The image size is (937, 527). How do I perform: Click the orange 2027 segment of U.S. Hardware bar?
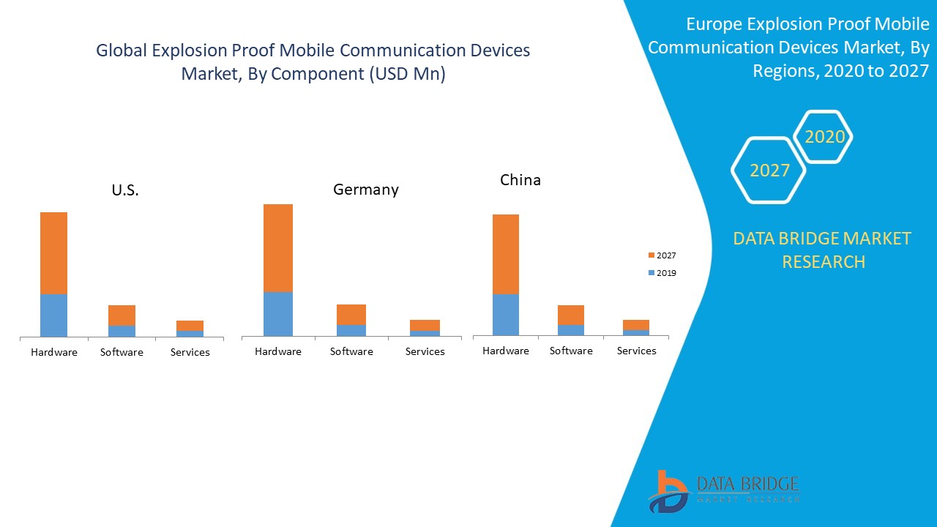tap(53, 253)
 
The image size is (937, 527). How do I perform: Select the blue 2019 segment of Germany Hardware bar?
tap(278, 314)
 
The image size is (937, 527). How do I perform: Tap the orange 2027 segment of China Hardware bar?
tap(506, 254)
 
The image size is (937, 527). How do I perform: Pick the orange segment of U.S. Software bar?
tap(122, 315)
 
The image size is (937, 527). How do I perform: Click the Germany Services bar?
tap(425, 328)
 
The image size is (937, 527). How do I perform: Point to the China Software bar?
tap(571, 320)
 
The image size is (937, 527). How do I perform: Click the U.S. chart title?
tap(125, 190)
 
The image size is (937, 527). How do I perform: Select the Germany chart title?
tap(366, 190)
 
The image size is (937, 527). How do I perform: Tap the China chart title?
tap(520, 180)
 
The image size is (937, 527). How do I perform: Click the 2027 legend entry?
tap(662, 255)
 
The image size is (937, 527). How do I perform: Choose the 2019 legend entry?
tap(662, 273)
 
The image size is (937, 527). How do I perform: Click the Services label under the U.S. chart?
tap(190, 352)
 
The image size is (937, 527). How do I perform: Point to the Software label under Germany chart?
tap(351, 351)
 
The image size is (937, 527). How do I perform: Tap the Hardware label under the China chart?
tap(506, 351)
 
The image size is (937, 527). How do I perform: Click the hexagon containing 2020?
tap(824, 137)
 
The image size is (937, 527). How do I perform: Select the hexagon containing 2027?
tap(769, 171)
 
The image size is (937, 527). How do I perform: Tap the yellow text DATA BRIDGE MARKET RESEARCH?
tap(823, 250)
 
